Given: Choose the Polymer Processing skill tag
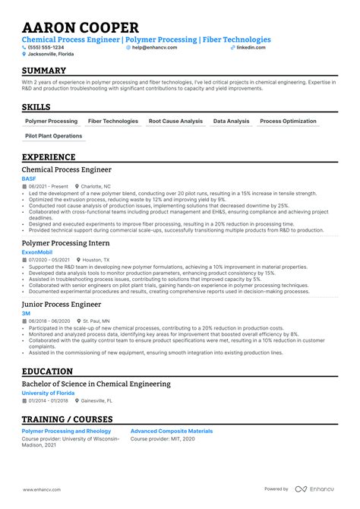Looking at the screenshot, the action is (x=51, y=121).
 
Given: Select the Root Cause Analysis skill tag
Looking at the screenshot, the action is (x=175, y=121).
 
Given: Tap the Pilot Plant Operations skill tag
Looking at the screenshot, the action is (x=53, y=136).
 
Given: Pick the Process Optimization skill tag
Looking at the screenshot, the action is (x=288, y=121).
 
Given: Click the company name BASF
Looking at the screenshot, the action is (x=28, y=179).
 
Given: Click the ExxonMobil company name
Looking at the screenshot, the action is (x=38, y=251).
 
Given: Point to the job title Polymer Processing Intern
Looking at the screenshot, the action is (x=65, y=243).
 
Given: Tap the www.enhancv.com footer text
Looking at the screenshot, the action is (x=42, y=489).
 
